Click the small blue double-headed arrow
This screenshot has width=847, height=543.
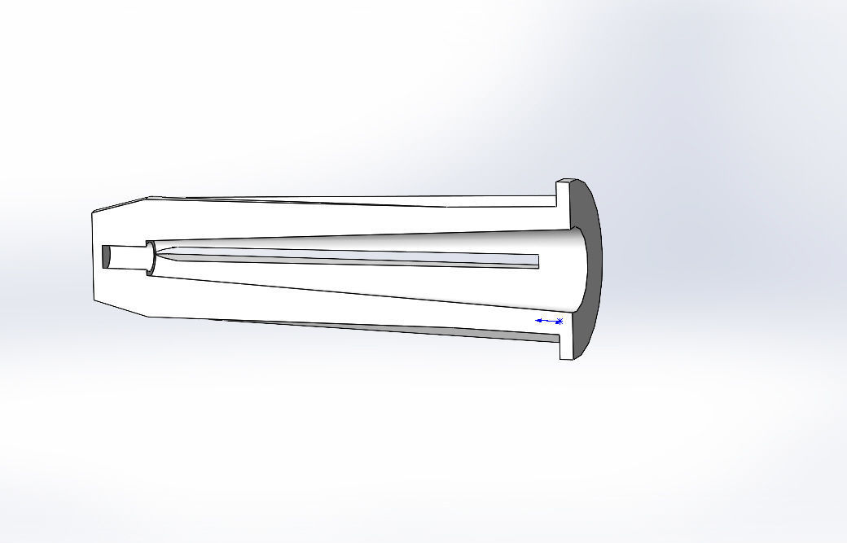point(546,321)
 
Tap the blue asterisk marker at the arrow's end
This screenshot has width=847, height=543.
point(560,321)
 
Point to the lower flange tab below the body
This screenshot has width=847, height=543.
point(565,347)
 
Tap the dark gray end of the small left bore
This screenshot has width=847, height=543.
point(106,256)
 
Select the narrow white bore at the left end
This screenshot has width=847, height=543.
point(126,257)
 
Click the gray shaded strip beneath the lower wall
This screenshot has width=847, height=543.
point(407,331)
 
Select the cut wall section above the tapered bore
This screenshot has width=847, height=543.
point(326,221)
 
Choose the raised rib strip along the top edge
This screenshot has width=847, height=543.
point(326,199)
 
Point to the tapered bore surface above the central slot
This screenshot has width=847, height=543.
point(366,244)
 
